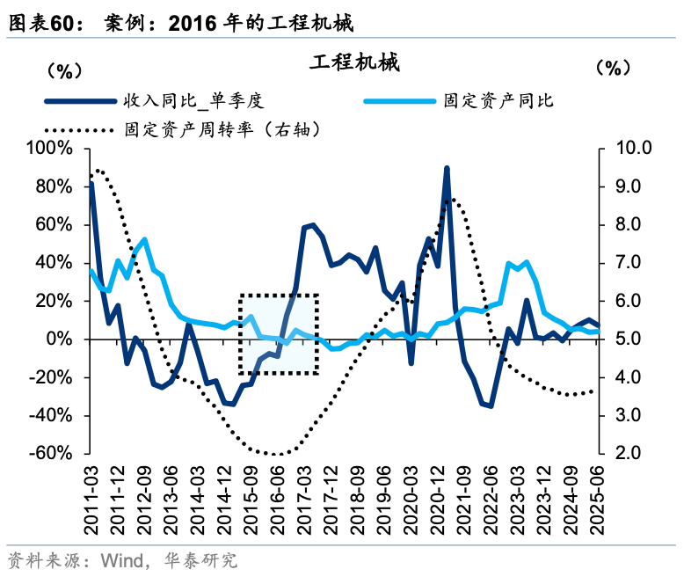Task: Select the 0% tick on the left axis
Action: point(67,339)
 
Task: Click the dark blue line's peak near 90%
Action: point(447,168)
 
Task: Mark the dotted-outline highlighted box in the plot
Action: point(279,333)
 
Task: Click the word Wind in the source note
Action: point(121,561)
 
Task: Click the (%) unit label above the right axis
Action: point(613,68)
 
